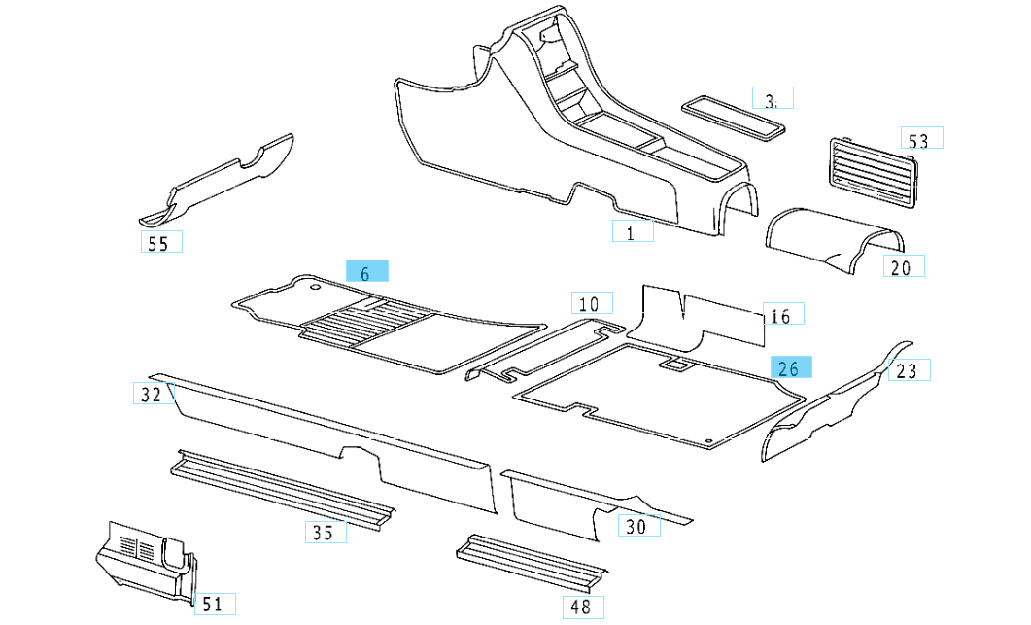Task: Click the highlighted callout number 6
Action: (366, 272)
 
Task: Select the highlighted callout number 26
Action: (791, 367)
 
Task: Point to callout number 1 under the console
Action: (632, 232)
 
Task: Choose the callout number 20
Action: (903, 266)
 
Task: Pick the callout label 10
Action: (591, 304)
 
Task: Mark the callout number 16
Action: (782, 315)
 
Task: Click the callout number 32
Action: (151, 394)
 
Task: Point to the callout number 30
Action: (637, 526)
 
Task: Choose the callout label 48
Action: (582, 608)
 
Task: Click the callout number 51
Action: (215, 604)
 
